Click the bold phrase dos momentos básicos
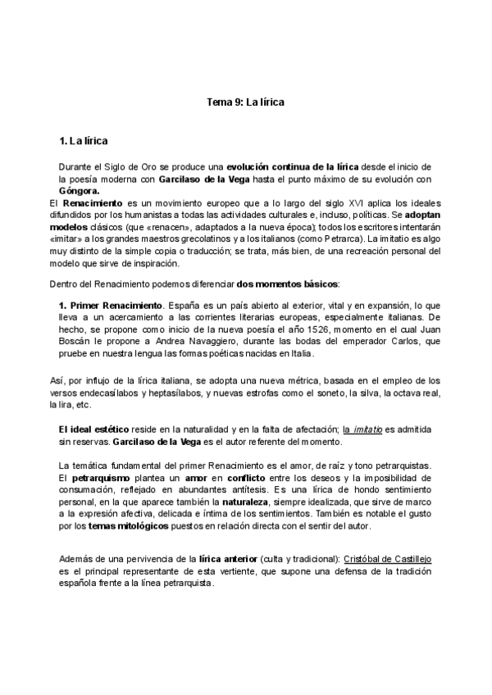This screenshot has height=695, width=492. [287, 284]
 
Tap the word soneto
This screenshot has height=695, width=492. [327, 393]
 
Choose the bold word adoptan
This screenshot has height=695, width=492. [422, 214]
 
